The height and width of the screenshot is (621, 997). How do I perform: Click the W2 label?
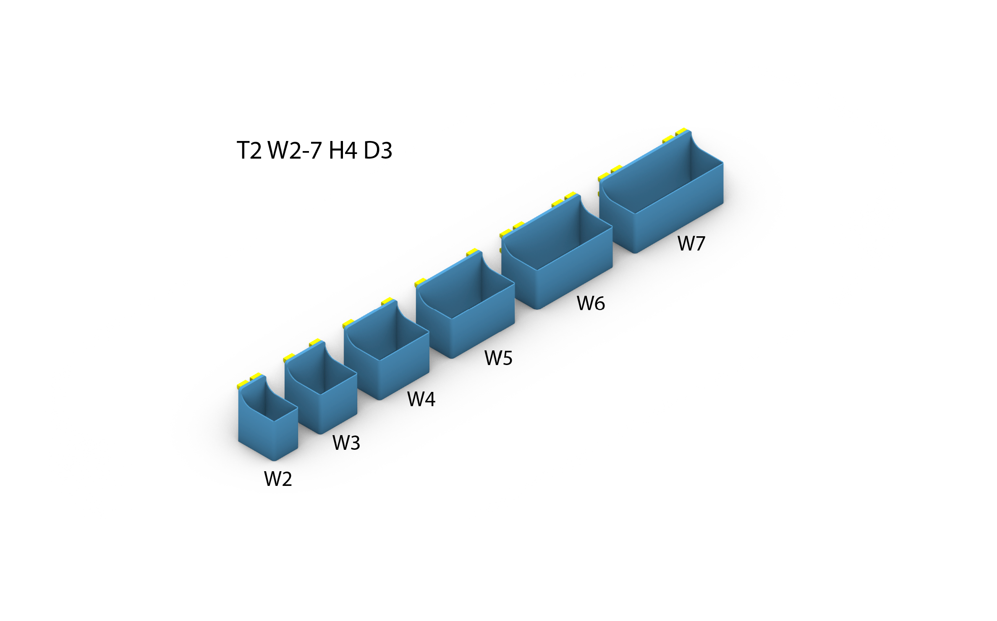click(x=278, y=479)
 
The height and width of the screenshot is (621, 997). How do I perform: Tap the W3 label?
click(x=346, y=443)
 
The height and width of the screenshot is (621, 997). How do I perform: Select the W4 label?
click(x=421, y=399)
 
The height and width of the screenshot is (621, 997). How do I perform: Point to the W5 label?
click(x=498, y=358)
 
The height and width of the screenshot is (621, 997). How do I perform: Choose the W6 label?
click(x=591, y=303)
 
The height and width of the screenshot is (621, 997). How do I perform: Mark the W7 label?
click(x=691, y=243)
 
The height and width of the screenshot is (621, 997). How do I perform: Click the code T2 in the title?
click(x=249, y=150)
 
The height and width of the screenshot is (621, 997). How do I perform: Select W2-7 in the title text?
click(x=295, y=150)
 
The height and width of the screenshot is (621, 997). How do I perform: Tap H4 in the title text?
click(x=343, y=150)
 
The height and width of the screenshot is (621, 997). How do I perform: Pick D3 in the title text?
click(x=378, y=150)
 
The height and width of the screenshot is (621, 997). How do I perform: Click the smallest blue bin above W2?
click(x=268, y=418)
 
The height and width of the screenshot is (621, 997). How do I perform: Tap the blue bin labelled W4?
click(x=386, y=350)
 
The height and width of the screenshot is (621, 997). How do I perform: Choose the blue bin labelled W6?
click(x=557, y=252)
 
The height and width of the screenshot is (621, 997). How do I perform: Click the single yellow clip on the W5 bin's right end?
click(x=472, y=252)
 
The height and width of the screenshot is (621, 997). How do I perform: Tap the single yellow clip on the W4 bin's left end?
click(x=348, y=324)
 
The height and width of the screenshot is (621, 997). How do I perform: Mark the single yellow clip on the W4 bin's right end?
click(x=387, y=301)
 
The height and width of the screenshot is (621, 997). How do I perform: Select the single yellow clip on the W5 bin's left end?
click(x=421, y=282)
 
